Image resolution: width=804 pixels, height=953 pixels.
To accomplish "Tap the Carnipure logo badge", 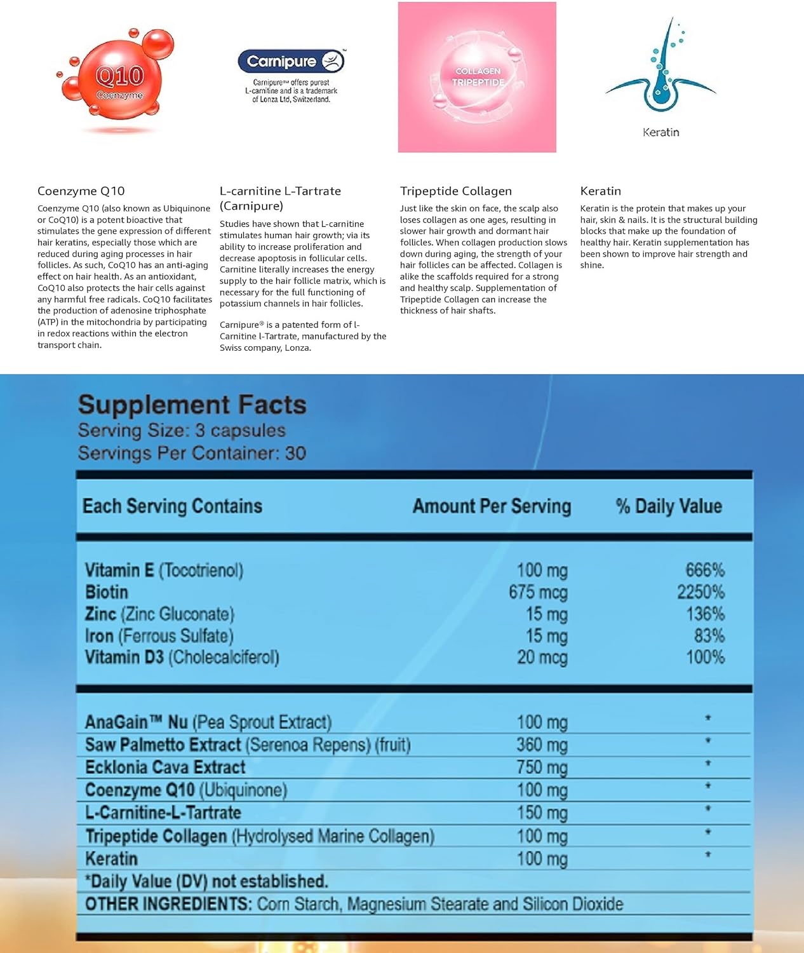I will pos(291,61).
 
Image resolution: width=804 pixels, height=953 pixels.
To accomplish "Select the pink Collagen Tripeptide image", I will pos(477,77).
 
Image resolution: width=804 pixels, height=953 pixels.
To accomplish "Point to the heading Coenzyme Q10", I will pos(81,191).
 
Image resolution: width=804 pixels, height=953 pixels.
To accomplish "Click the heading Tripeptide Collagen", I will pos(455,191).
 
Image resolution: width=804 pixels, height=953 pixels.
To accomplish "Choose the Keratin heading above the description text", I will pos(600,191).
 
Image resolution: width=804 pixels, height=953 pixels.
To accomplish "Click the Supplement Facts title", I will pos(192,405).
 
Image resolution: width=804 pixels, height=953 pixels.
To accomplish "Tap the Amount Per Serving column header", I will pos(492,506).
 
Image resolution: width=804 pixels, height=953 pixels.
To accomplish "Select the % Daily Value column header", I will pos(669,506).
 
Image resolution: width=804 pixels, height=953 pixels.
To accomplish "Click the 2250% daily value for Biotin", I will pos(700,592).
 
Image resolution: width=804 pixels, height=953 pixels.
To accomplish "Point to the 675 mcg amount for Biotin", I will pos(538,592).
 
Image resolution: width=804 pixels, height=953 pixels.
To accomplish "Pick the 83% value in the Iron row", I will pos(709,635).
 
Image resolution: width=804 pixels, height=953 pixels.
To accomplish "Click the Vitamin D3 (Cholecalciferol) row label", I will pos(182,657).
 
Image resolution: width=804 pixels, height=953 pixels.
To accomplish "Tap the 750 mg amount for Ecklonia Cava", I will pos(542,767).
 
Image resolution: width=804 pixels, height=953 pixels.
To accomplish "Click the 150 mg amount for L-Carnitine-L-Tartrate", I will pos(542,813).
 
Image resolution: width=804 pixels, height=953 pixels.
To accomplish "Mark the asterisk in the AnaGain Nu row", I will pos(707,719).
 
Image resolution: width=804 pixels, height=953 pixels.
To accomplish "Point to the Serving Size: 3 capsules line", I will pos(182,430).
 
